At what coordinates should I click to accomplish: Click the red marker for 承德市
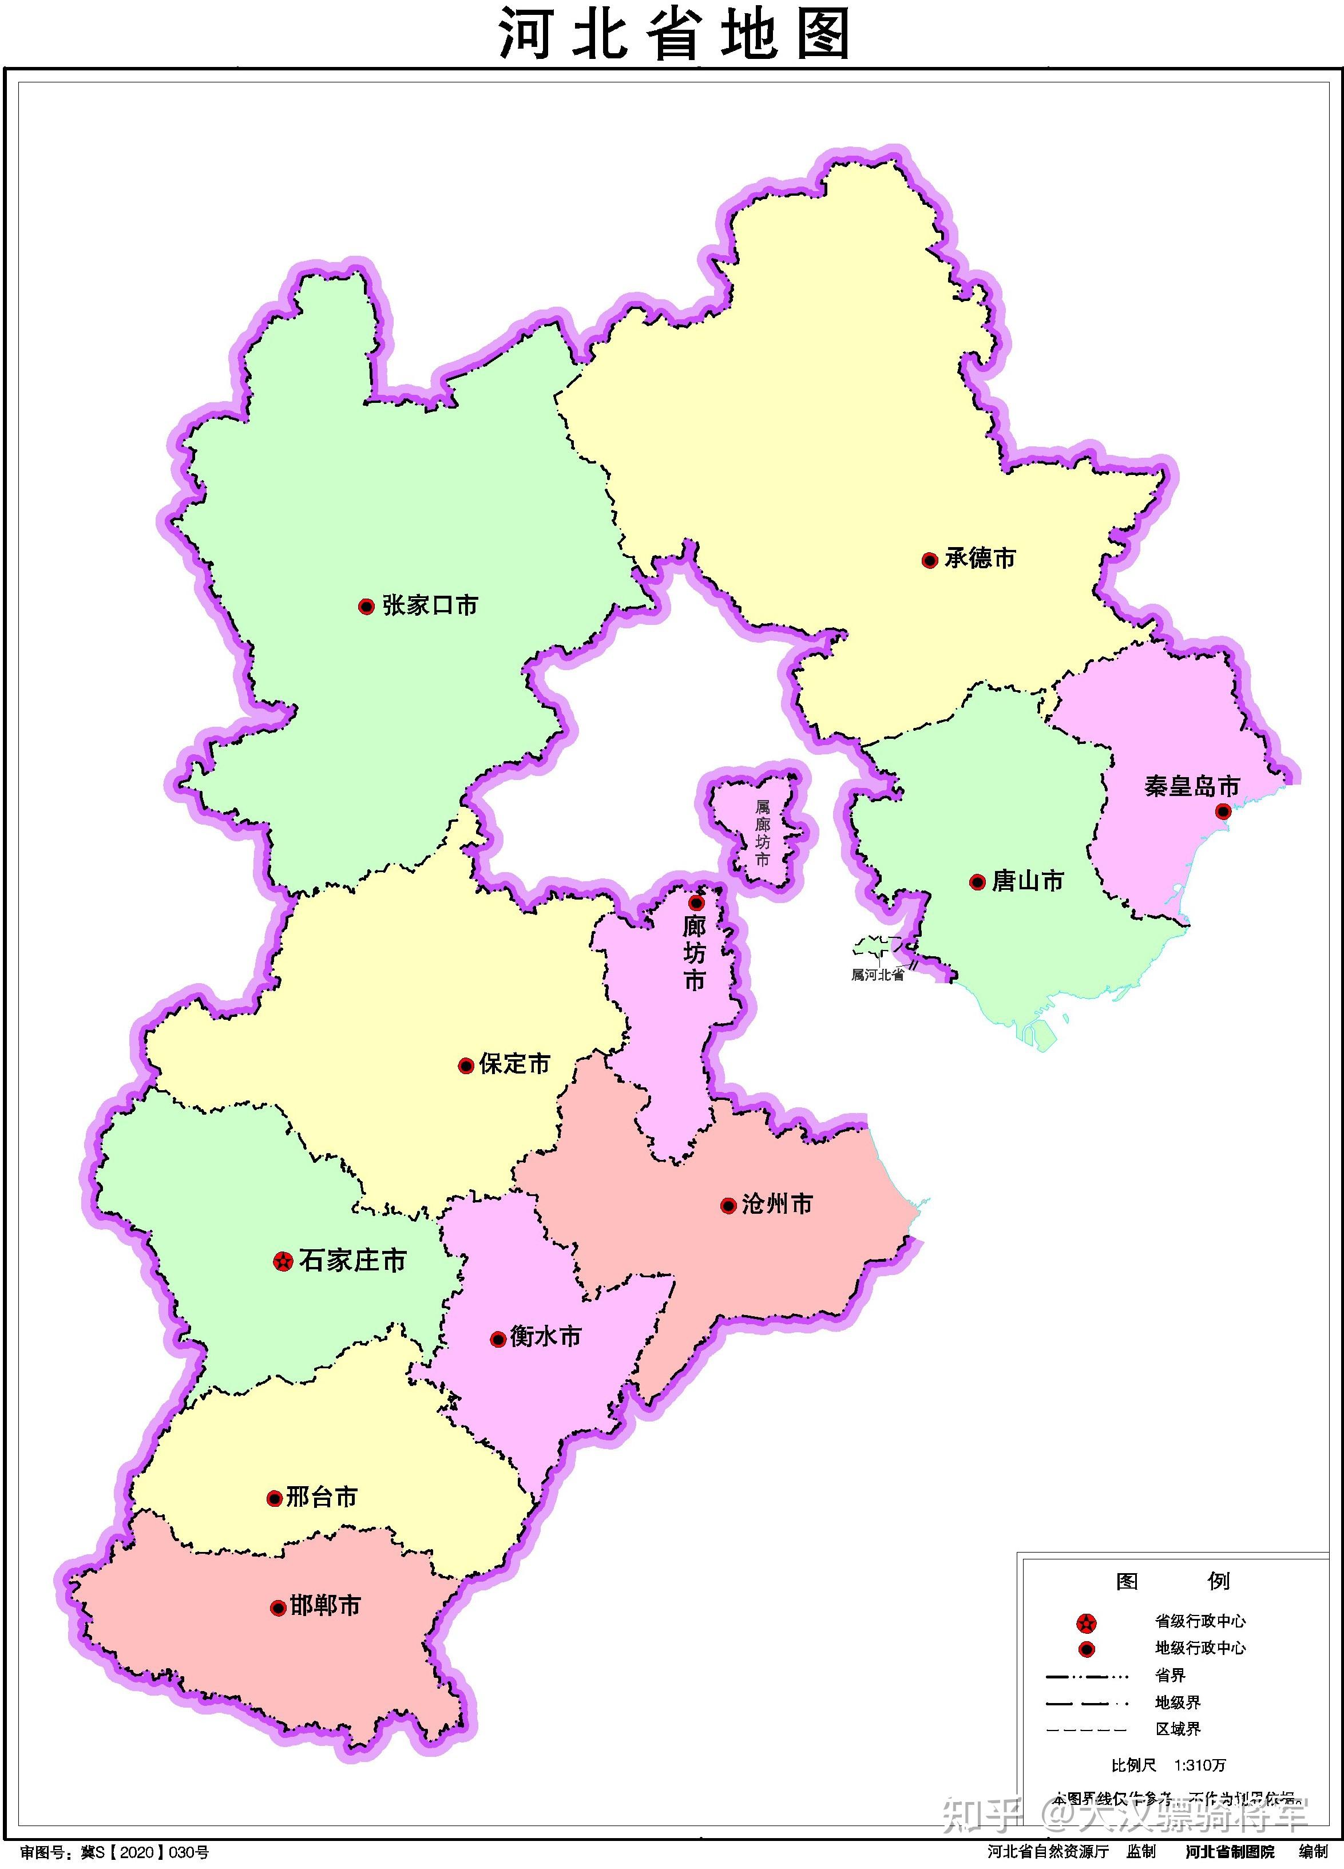930,560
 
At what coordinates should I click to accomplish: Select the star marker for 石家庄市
283,1261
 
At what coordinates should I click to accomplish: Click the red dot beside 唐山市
977,882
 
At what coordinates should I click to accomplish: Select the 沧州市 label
777,1205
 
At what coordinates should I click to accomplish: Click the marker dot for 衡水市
498,1340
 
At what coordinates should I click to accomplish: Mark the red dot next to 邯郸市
279,1608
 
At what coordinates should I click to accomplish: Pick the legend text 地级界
1178,1702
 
